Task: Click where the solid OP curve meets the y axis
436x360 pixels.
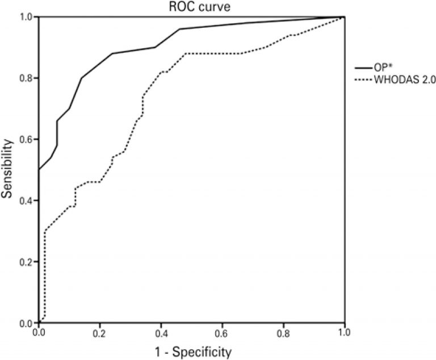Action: point(39,170)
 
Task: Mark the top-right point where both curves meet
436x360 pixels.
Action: point(344,17)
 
